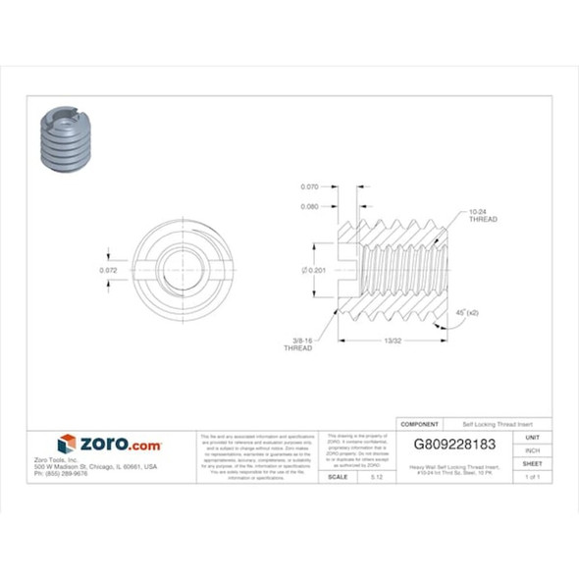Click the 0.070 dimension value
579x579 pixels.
tap(309, 186)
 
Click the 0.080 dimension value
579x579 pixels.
tap(309, 206)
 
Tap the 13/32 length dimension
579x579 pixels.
tap(393, 341)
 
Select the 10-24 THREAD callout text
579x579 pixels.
tap(483, 215)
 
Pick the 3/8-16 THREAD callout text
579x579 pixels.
tap(298, 344)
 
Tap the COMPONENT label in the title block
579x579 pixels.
tap(419, 423)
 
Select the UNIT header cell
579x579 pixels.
tap(533, 438)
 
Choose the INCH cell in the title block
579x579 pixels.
tap(533, 450)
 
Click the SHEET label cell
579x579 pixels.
tap(533, 463)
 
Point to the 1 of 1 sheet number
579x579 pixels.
tap(533, 476)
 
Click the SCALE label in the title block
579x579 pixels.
tap(337, 476)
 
